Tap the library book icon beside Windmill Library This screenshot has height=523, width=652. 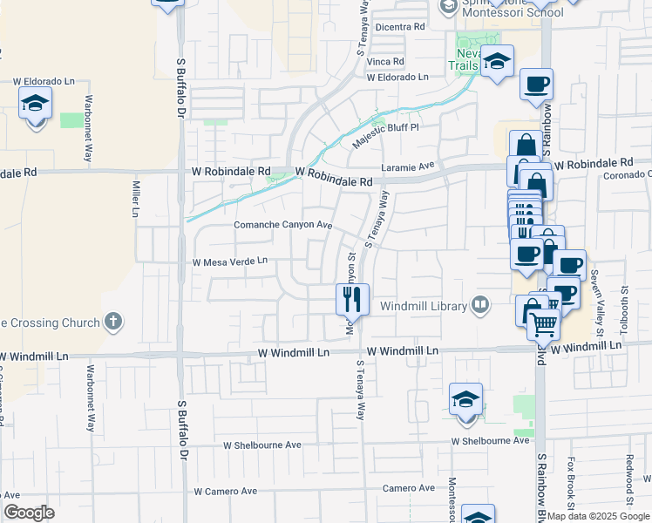(x=480, y=305)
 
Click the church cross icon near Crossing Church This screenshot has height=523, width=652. (x=112, y=323)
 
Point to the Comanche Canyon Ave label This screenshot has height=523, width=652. (x=284, y=225)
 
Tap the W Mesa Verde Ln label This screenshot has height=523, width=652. (x=229, y=261)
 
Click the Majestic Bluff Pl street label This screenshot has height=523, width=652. (x=385, y=133)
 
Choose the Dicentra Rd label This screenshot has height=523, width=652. (x=399, y=27)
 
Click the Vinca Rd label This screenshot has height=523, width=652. (x=385, y=62)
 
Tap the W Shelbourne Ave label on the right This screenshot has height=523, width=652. (x=490, y=440)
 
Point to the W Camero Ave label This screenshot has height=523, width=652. (x=225, y=492)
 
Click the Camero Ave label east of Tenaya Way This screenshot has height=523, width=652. (x=408, y=488)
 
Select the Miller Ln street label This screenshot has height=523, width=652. (x=135, y=200)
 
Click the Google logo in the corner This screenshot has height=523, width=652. (x=29, y=513)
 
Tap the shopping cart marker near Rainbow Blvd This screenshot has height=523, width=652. (x=544, y=324)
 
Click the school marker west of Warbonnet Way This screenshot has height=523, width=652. (x=36, y=104)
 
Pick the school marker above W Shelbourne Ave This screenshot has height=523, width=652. (x=466, y=400)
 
